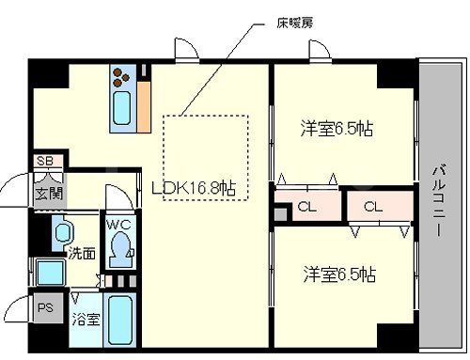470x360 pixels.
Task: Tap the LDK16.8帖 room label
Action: (x=194, y=187)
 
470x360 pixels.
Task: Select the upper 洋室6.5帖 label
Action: (x=337, y=128)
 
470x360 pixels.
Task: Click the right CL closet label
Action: (x=373, y=207)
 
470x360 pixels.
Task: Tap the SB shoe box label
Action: (x=44, y=162)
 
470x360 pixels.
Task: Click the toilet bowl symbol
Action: (x=119, y=247)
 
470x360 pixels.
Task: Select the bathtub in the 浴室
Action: (x=118, y=320)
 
